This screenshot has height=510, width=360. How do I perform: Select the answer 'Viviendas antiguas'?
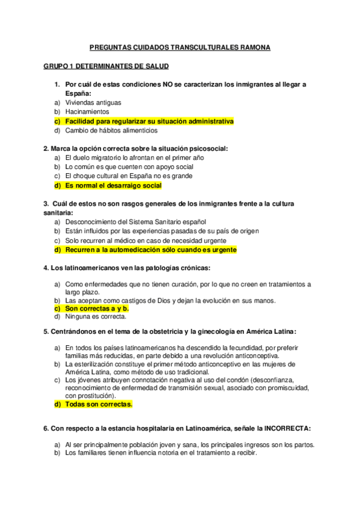pos(93,103)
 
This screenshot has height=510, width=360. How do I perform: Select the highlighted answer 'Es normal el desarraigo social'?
pos(114,185)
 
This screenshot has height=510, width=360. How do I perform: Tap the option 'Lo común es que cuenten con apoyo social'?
pos(129,167)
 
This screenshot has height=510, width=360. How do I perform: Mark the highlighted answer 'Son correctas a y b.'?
pos(97,308)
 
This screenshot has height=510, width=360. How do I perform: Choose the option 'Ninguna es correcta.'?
pos(96,316)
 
